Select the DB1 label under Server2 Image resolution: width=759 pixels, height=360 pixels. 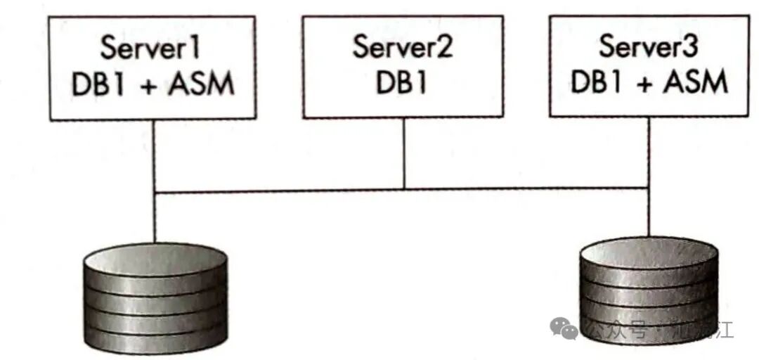click(x=403, y=84)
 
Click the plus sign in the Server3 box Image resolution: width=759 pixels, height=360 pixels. click(x=642, y=83)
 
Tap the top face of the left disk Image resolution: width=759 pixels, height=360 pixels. click(x=154, y=255)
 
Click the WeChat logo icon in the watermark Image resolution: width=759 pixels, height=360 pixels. click(x=564, y=328)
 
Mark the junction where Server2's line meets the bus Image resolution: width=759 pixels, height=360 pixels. click(x=403, y=189)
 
